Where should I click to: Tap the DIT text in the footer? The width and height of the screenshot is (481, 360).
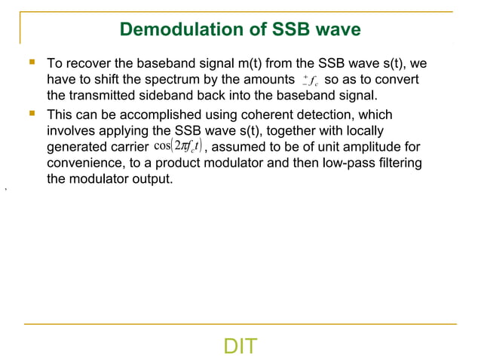coord(240,346)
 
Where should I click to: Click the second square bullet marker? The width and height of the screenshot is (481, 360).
coord(31,113)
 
